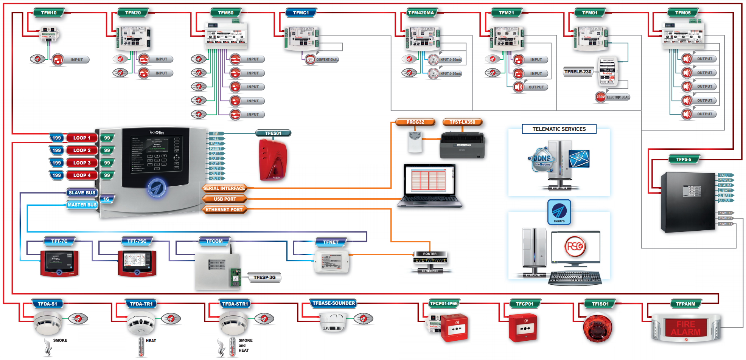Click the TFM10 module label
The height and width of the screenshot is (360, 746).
tap(49, 13)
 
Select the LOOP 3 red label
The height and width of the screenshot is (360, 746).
tap(82, 163)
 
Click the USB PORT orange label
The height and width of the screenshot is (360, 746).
tap(225, 199)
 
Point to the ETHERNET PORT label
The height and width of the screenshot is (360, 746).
tap(224, 209)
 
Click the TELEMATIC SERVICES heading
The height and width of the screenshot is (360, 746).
tap(559, 129)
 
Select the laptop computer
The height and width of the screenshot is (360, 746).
tap(429, 185)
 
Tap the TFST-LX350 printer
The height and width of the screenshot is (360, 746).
tap(462, 146)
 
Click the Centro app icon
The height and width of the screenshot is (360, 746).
tap(559, 212)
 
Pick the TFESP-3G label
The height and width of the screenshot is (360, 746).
tap(264, 278)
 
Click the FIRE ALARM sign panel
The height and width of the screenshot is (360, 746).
tap(685, 328)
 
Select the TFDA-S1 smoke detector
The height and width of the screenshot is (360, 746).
tap(48, 323)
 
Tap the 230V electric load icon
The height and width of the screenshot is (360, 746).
tap(600, 97)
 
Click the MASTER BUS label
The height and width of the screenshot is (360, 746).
tap(82, 205)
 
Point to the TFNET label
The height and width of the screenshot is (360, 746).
tap(331, 242)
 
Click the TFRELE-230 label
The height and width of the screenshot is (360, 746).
tap(578, 71)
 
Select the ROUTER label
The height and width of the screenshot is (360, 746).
tap(430, 254)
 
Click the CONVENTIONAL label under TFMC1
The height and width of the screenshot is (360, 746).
tap(327, 60)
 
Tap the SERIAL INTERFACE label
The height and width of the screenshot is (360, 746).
tap(224, 188)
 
